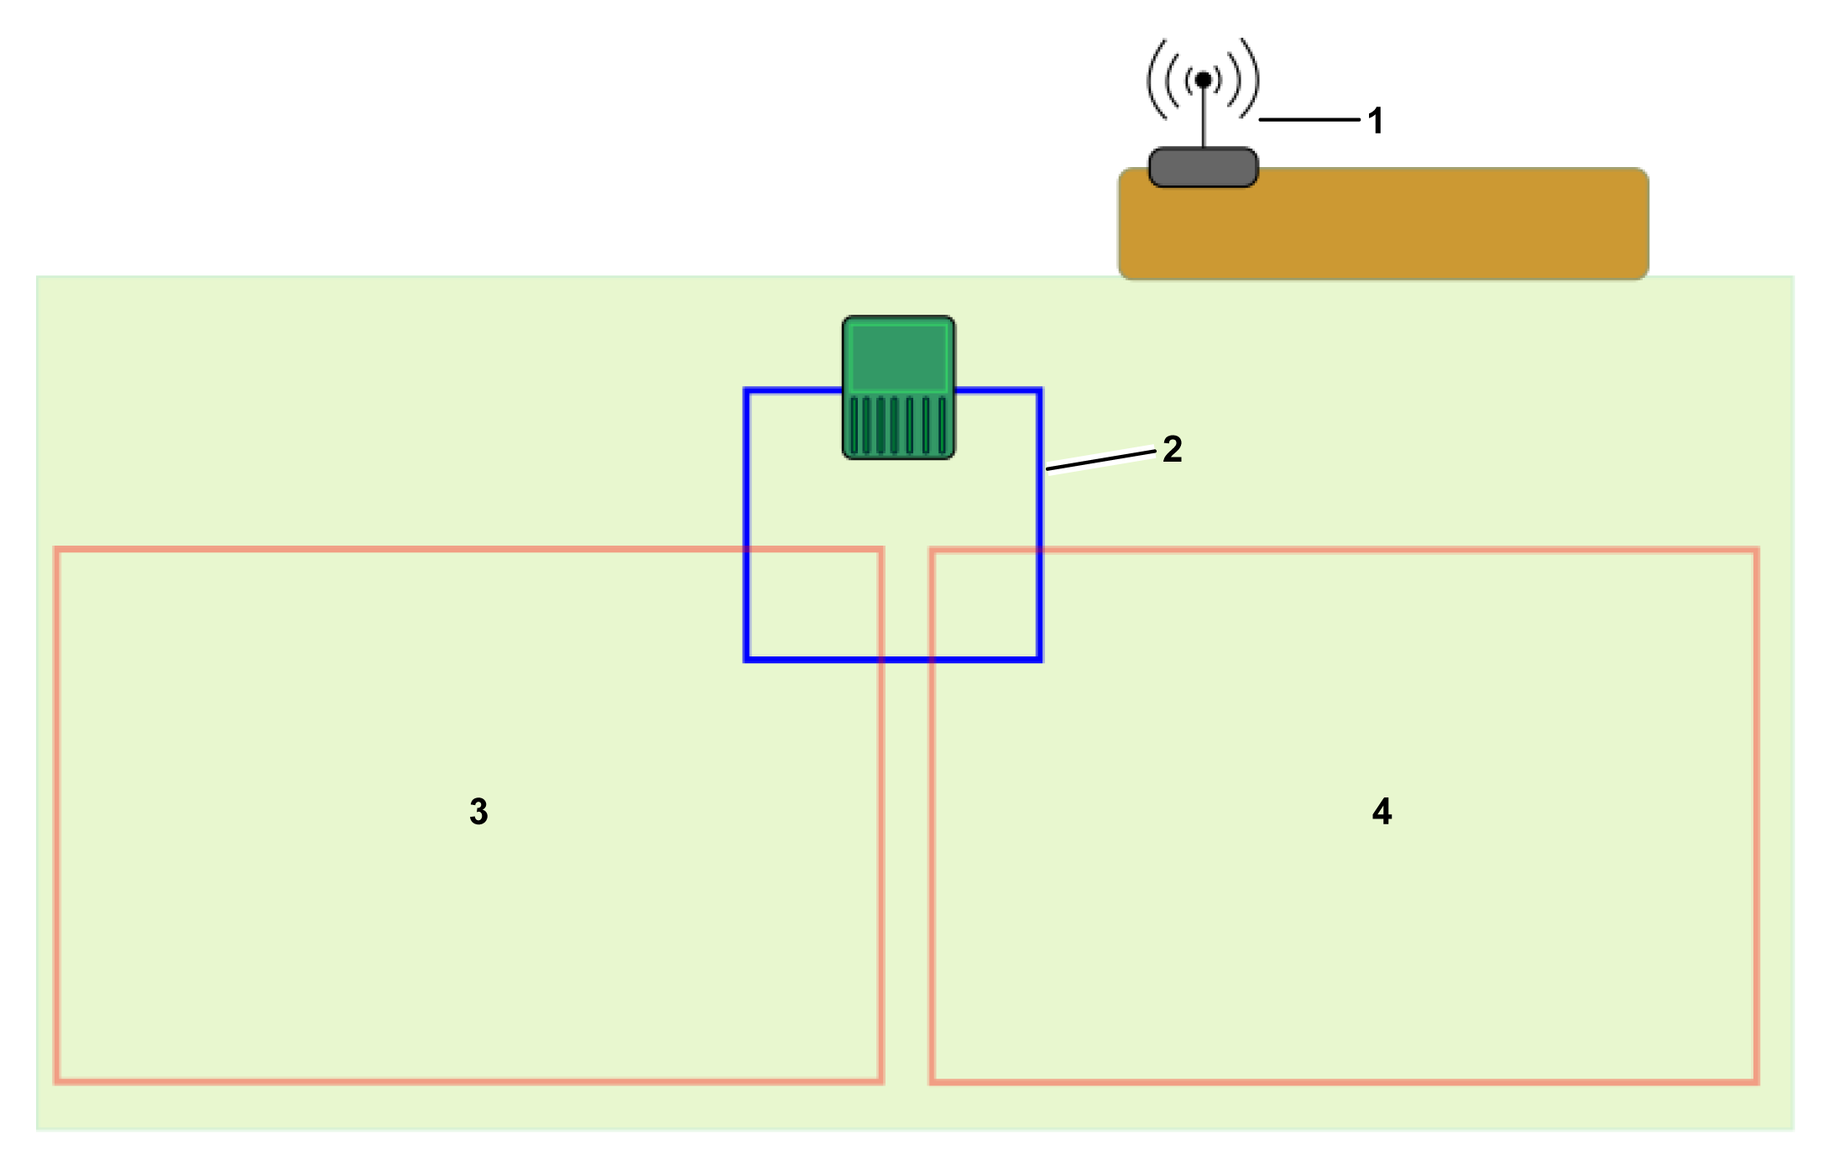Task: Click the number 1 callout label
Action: pyautogui.click(x=1375, y=121)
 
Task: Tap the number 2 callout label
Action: pyautogui.click(x=1172, y=449)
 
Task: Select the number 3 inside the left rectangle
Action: pyautogui.click(x=478, y=812)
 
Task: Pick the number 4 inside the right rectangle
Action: pyautogui.click(x=1382, y=812)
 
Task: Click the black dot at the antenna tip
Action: pyautogui.click(x=1203, y=80)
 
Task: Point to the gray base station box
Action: pyautogui.click(x=1203, y=168)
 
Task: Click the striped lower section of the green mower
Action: pyautogui.click(x=898, y=426)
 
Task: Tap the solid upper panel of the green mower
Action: pyautogui.click(x=898, y=357)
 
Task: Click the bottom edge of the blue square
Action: pyautogui.click(x=893, y=660)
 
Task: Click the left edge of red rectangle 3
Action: pyautogui.click(x=56, y=814)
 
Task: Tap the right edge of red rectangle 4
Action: pyautogui.click(x=1756, y=814)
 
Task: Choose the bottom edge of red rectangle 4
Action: pyautogui.click(x=1343, y=1081)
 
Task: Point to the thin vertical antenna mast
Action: pyautogui.click(x=1204, y=118)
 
